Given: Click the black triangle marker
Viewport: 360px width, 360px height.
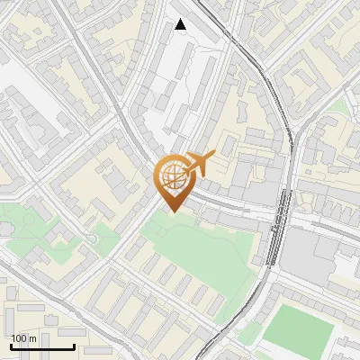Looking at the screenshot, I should (181, 24).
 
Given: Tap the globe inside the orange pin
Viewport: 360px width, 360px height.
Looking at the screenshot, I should (172, 175).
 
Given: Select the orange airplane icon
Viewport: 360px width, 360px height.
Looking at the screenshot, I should (200, 164).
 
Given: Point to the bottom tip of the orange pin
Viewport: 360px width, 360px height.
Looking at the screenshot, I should (172, 211).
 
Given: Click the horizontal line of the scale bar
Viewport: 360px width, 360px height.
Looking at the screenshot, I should (42, 346).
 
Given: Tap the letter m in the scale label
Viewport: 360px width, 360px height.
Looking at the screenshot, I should (33, 338).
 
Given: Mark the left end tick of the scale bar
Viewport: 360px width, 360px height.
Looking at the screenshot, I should (11, 345).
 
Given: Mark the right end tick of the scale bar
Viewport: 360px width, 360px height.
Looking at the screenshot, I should (74, 345).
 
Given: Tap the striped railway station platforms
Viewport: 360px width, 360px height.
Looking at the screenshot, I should (281, 225).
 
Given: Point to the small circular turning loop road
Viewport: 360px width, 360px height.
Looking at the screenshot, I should (91, 239).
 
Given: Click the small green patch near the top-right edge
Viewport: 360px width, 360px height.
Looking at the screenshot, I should (337, 108).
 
